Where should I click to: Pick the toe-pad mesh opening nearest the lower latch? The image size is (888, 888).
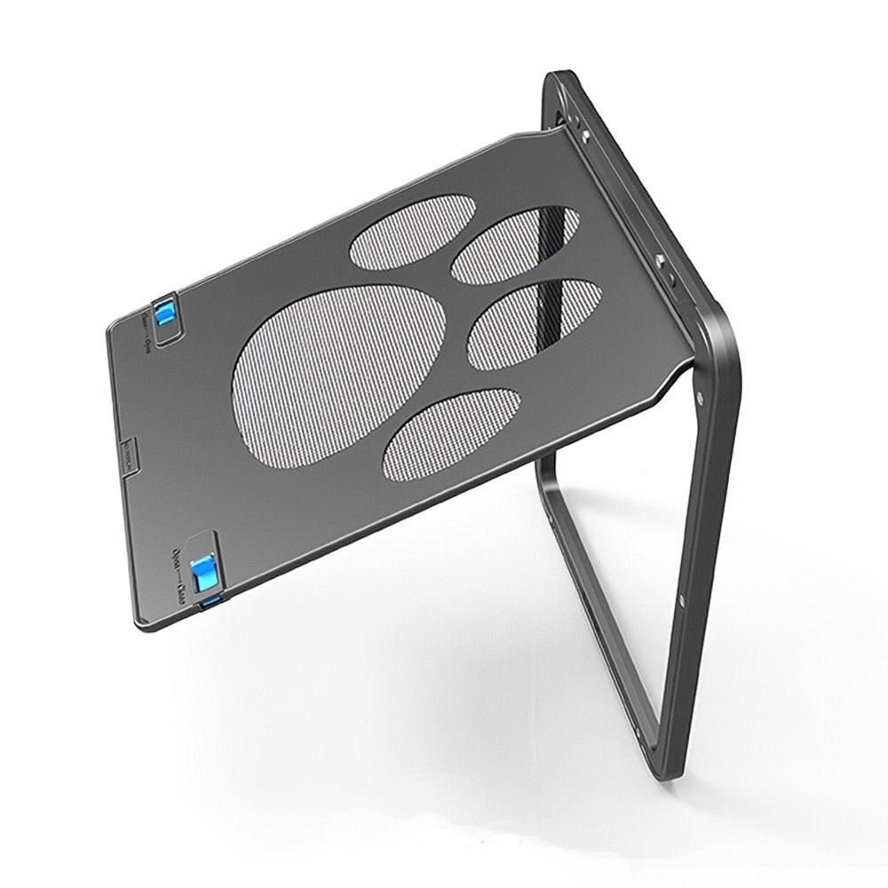click(x=446, y=430)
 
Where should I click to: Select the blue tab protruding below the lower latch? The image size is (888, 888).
click(x=210, y=605)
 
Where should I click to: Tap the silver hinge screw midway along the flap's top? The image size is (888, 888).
click(x=662, y=260)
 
